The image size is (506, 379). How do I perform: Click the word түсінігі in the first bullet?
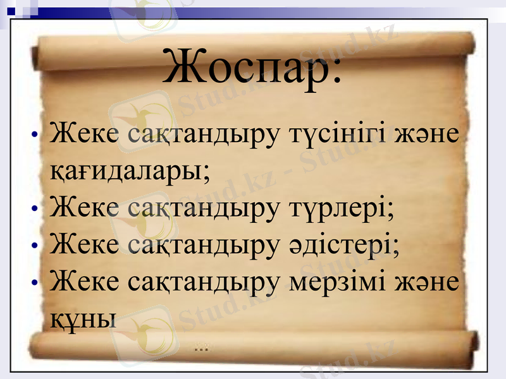point(338,136)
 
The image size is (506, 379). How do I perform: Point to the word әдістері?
point(342,242)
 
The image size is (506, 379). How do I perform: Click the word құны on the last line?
point(82,315)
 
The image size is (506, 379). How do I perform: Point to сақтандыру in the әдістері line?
point(202,242)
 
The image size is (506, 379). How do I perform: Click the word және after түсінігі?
point(429,136)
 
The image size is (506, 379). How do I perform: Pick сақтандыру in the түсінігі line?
point(202,136)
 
